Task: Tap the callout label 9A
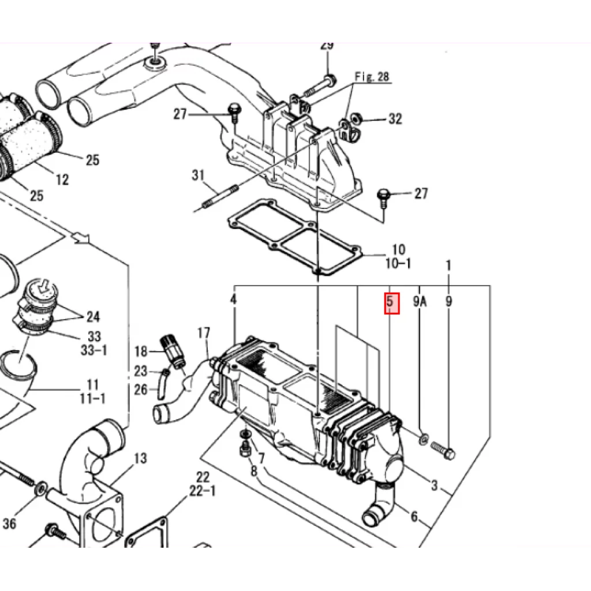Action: coord(420,301)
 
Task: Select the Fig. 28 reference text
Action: coord(372,77)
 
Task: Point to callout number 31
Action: coord(199,175)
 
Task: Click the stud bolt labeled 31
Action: coord(216,199)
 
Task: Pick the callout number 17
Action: coord(204,333)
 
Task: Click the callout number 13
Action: coord(140,458)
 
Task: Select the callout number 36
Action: coord(9,523)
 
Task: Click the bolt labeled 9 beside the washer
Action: coord(443,450)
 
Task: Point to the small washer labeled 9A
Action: coord(424,439)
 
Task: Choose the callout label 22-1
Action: coord(203,492)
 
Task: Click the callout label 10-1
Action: coord(398,263)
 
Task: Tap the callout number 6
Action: coord(414,516)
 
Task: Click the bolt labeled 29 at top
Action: coord(320,85)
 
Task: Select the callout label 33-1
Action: coord(94,350)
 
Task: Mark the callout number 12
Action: coord(62,179)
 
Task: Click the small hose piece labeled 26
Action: coord(161,384)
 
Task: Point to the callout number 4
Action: coord(234,300)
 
